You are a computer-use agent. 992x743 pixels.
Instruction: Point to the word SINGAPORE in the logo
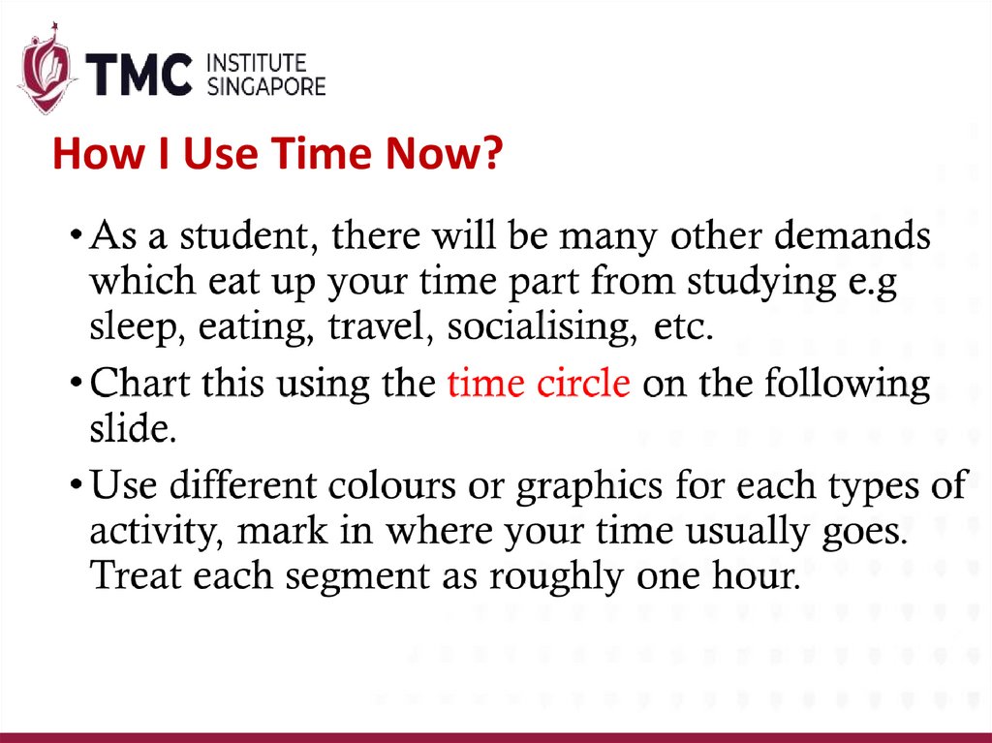(x=266, y=87)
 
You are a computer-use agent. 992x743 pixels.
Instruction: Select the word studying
(x=762, y=284)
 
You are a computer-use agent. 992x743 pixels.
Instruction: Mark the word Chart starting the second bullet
(x=135, y=384)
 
